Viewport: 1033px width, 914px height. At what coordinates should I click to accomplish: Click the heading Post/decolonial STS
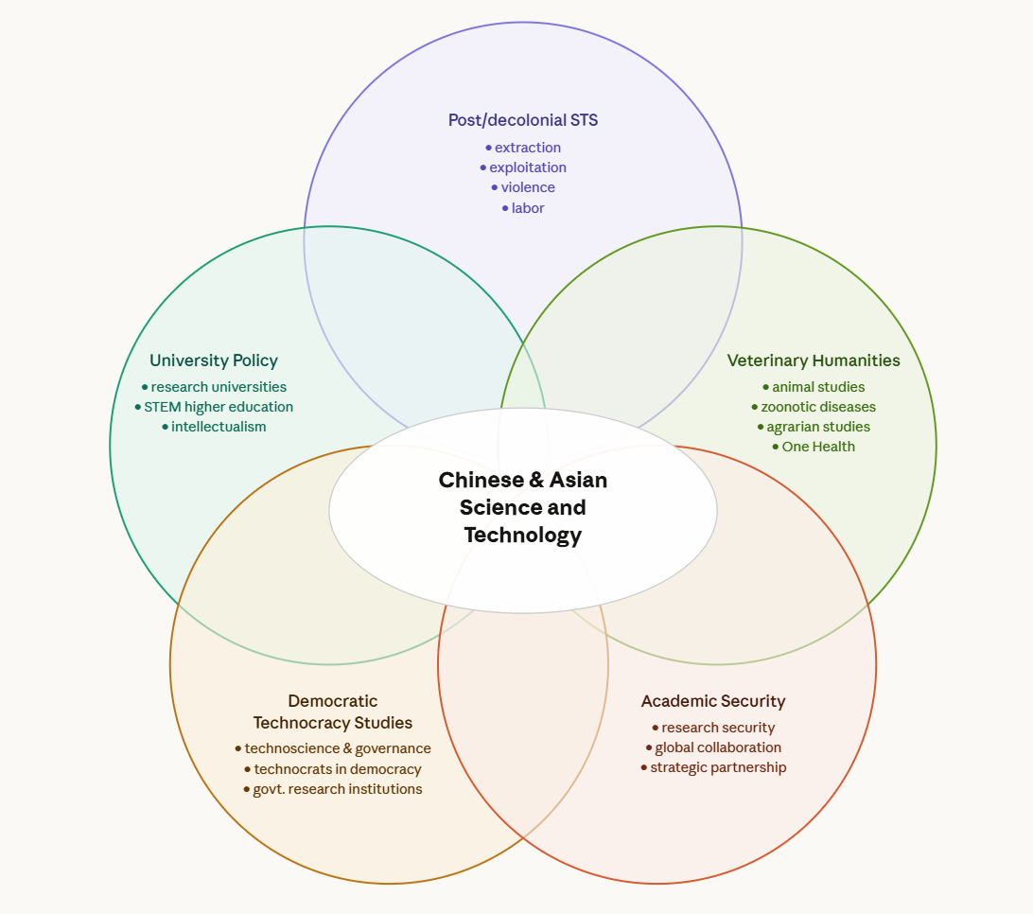pos(523,120)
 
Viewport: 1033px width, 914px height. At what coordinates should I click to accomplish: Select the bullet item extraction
pos(527,148)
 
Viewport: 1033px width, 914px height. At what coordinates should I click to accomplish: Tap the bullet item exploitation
pos(527,167)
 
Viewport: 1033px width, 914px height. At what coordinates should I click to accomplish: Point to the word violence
pos(528,187)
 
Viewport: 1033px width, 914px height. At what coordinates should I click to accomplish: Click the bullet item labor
pos(527,208)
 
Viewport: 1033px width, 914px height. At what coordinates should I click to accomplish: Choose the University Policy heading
pos(214,360)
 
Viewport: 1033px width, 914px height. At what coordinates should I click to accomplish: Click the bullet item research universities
pos(219,387)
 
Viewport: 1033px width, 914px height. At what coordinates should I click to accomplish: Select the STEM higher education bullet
pos(219,407)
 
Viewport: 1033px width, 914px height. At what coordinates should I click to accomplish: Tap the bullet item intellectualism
pos(219,427)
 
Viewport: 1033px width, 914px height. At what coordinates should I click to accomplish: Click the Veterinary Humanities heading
pos(814,360)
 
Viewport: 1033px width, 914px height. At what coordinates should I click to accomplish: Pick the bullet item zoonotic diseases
pos(818,407)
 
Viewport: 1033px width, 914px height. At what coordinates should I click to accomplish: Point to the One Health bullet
pos(818,447)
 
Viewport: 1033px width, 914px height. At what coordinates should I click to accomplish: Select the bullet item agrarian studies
pos(818,427)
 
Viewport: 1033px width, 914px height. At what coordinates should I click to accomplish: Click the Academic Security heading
pos(713,701)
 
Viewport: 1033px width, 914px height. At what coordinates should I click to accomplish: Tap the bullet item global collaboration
pos(718,747)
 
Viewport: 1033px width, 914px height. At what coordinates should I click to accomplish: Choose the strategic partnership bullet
pos(718,767)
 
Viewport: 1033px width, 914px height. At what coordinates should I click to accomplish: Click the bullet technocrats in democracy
pos(338,769)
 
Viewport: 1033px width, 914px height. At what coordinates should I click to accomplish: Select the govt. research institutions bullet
pos(338,789)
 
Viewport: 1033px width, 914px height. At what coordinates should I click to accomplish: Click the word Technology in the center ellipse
pos(523,536)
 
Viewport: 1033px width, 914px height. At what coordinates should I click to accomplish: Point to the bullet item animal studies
pos(818,387)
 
